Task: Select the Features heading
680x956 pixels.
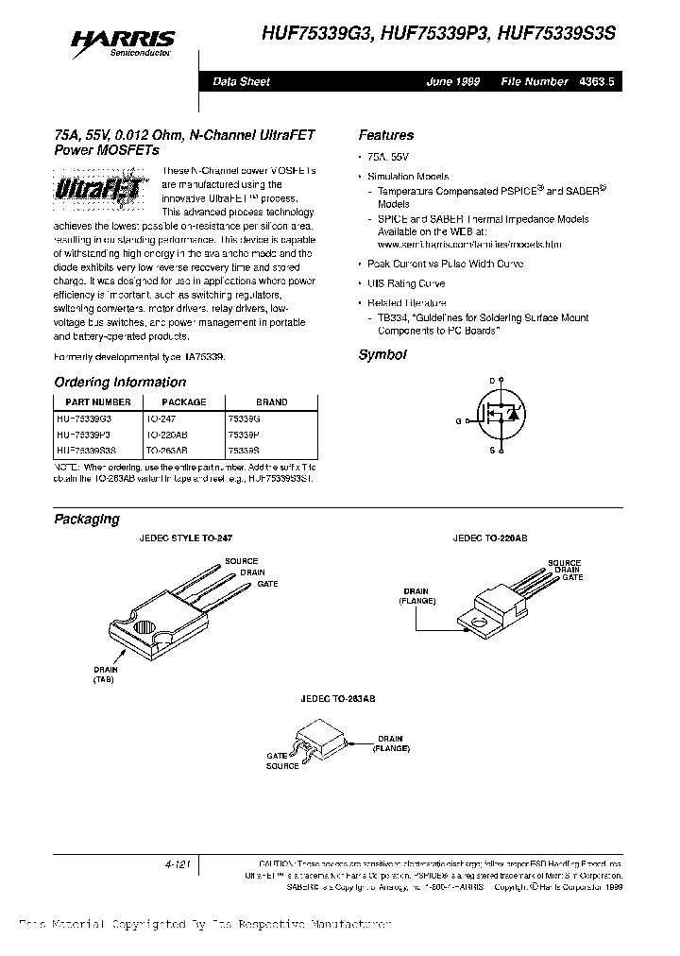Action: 385,135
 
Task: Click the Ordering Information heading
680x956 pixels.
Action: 120,383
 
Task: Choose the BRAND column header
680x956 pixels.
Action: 272,401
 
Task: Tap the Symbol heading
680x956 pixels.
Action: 382,355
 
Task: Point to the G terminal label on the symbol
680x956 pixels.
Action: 458,420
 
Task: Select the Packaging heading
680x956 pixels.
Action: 86,519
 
